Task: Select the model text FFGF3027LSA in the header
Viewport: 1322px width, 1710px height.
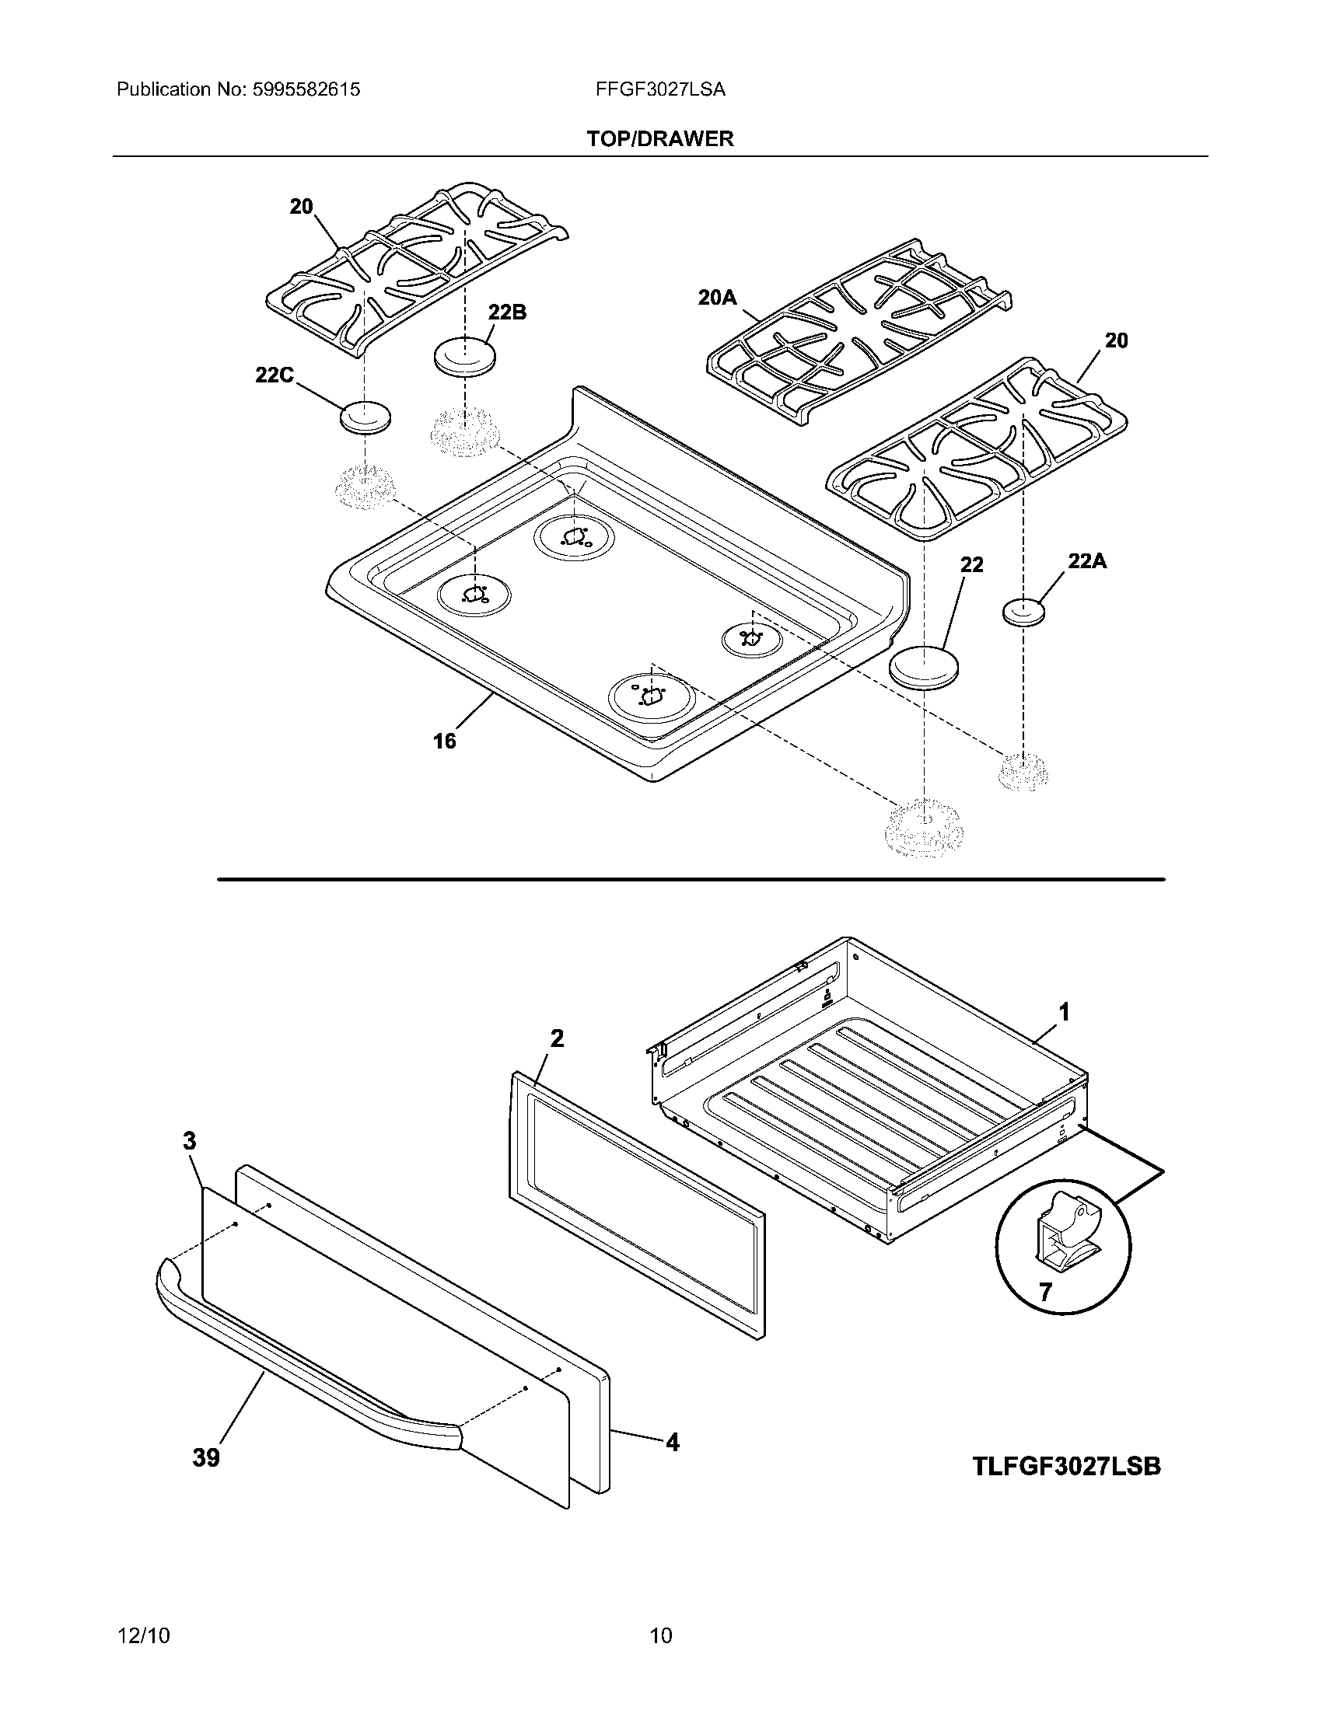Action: (660, 90)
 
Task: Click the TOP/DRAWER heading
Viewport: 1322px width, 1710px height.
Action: (660, 139)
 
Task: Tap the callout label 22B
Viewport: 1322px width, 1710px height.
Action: (507, 312)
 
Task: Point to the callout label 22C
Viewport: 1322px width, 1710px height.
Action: (274, 375)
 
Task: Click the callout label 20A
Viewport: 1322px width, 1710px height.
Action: (718, 298)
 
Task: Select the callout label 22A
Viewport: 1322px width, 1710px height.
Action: (1087, 560)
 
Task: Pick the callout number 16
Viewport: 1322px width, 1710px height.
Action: (444, 741)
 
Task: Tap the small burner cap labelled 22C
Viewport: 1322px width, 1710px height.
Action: (364, 417)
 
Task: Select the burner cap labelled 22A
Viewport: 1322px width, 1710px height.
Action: (1023, 612)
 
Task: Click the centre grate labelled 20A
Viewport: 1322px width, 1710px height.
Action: (858, 333)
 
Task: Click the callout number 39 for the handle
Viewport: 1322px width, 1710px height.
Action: (206, 1458)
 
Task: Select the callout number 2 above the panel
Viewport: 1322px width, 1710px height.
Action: (557, 1038)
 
